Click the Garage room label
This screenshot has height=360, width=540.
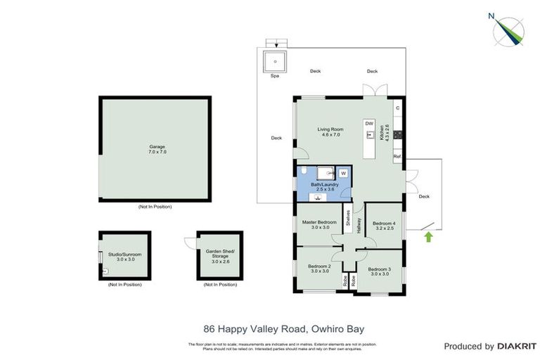click(x=157, y=149)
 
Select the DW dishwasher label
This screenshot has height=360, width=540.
click(x=368, y=124)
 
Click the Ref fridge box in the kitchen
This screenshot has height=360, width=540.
click(x=397, y=156)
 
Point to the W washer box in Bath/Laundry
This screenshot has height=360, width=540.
click(x=344, y=173)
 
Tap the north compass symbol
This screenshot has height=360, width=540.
click(x=508, y=30)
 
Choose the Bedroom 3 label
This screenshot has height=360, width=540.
click(x=379, y=271)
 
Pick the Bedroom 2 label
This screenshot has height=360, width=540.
click(x=319, y=269)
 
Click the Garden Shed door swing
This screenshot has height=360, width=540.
click(x=190, y=243)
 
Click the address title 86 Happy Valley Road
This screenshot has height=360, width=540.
click(x=283, y=328)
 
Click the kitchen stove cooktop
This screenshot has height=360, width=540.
click(x=397, y=133)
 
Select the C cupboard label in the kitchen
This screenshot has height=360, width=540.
click(x=397, y=108)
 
